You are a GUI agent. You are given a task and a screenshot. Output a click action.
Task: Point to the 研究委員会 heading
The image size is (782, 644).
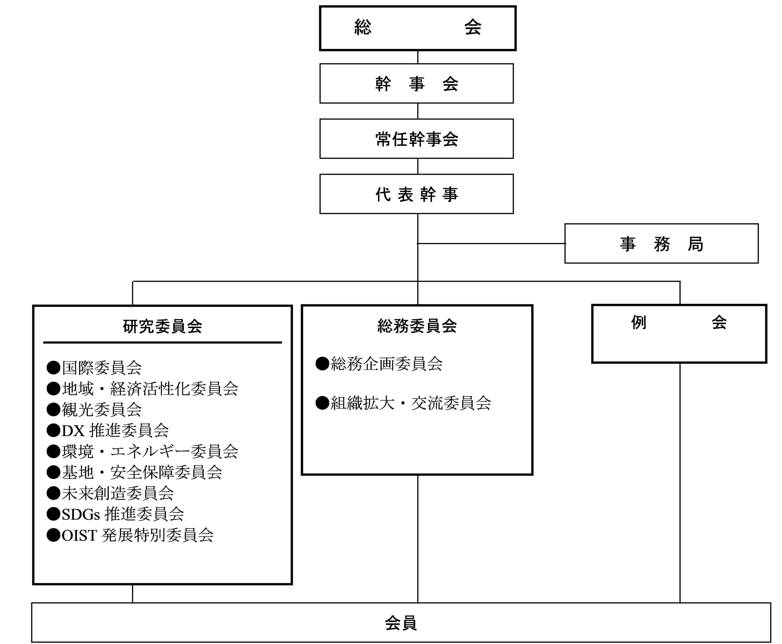(x=162, y=326)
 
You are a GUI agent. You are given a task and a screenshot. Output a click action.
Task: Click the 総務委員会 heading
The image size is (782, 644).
(x=417, y=326)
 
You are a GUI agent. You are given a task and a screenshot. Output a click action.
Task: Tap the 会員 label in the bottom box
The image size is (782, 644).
(x=401, y=623)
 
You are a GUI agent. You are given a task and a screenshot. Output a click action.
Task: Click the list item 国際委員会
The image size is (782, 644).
(x=94, y=368)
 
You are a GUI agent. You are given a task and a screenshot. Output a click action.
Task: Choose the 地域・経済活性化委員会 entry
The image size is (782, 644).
(x=142, y=388)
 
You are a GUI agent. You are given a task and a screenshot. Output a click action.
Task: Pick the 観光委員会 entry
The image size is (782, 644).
(x=94, y=409)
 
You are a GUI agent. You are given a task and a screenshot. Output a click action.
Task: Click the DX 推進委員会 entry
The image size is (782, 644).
(x=108, y=430)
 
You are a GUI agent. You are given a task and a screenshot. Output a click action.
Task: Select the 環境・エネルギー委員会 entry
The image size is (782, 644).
(x=142, y=451)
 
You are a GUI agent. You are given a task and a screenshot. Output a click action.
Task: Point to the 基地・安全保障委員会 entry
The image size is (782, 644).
(x=134, y=472)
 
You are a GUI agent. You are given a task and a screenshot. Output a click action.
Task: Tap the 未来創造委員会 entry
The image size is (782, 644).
(x=110, y=493)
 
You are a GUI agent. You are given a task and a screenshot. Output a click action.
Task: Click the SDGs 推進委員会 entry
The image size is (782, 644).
(x=115, y=514)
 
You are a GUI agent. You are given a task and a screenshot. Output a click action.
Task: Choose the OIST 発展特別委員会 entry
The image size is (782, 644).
(x=130, y=535)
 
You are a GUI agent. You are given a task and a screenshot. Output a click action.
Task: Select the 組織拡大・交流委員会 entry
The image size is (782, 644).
(x=403, y=403)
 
